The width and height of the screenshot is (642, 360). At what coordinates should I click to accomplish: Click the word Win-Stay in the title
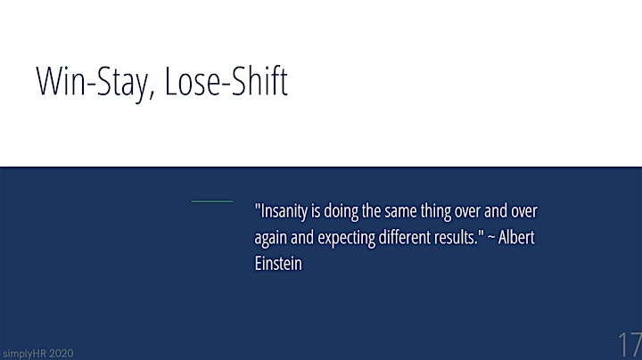(x=92, y=81)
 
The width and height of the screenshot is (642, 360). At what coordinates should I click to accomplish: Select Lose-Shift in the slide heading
(x=226, y=80)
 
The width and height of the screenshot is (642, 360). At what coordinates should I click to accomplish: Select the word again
(x=270, y=238)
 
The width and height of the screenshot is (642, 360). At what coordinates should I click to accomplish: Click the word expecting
(x=346, y=238)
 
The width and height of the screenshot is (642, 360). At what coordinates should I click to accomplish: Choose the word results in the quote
(x=454, y=237)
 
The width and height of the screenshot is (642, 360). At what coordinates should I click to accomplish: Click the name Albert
(x=516, y=237)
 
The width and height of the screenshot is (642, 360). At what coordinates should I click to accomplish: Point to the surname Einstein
(x=278, y=264)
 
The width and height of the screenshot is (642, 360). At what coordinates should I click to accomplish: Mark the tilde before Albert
(x=491, y=237)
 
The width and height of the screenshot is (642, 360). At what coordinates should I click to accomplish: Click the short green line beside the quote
(x=211, y=201)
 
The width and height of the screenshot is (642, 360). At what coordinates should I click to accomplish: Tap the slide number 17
(x=630, y=345)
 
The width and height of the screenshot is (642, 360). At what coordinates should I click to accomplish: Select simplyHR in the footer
(x=21, y=354)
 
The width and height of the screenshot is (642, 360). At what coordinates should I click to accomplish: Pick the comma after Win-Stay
(x=152, y=94)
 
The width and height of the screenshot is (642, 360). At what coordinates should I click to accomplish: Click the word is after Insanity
(x=316, y=212)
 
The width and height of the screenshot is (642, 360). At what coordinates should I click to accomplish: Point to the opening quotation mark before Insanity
(x=258, y=206)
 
